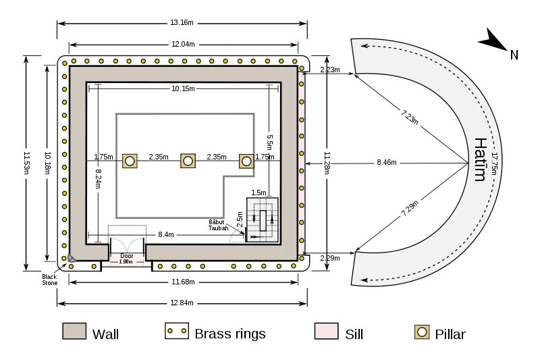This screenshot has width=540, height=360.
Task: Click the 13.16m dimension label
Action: point(182,22)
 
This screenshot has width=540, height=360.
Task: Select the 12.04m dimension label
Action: point(183,44)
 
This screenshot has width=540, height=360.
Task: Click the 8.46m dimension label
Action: point(387,163)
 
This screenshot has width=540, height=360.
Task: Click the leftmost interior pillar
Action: point(130,161)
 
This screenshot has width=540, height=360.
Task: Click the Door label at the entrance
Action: point(126,256)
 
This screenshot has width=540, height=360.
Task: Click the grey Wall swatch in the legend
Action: point(74,331)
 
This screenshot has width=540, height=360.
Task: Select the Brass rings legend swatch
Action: point(176,331)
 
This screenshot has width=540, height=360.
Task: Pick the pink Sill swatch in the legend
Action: point(326,331)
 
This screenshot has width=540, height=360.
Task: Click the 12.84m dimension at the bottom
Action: point(182,302)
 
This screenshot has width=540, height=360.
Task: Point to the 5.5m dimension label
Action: point(269,143)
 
